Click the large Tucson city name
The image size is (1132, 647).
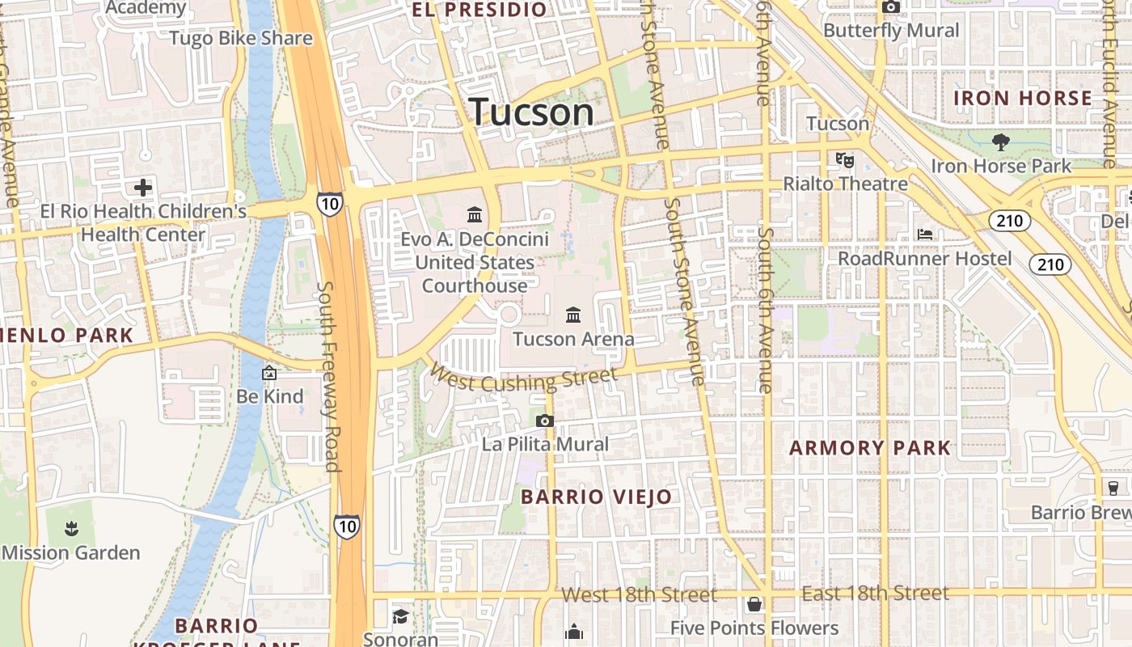(x=531, y=112)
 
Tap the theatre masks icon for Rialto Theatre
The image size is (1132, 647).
(x=845, y=159)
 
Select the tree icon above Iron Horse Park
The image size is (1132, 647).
(x=1001, y=142)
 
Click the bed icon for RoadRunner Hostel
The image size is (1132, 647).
(x=926, y=235)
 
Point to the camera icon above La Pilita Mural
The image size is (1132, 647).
(x=545, y=421)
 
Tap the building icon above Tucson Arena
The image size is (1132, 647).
(x=573, y=314)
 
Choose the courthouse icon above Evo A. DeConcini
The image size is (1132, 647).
(x=475, y=215)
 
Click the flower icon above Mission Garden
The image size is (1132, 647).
(x=71, y=529)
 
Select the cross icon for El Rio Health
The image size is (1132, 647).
(x=143, y=188)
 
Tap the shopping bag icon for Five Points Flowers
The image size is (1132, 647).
(x=754, y=604)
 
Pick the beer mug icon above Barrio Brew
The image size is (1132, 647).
(x=1113, y=488)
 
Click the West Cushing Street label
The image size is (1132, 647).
(x=523, y=378)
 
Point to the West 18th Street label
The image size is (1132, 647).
(x=639, y=595)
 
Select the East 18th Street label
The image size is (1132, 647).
(x=875, y=594)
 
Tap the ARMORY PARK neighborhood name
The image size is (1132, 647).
(x=870, y=448)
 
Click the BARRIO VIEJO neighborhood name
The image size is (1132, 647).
(x=596, y=497)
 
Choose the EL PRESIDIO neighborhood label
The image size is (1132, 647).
(x=479, y=10)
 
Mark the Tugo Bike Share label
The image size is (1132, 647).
(x=241, y=38)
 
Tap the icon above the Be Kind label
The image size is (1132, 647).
(x=269, y=373)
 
